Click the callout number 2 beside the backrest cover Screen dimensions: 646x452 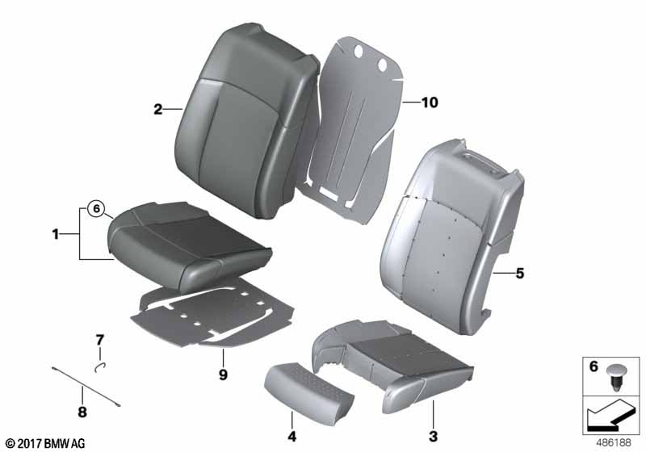click(x=157, y=109)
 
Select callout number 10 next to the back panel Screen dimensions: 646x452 click(x=430, y=102)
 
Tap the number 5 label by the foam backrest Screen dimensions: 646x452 click(x=520, y=273)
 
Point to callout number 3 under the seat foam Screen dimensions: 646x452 click(x=433, y=437)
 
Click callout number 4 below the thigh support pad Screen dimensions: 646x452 click(x=292, y=437)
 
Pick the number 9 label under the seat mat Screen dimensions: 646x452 click(x=223, y=375)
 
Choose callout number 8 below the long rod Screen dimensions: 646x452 click(x=82, y=412)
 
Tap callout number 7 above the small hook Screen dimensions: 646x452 click(x=100, y=340)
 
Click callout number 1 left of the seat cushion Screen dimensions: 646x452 click(x=55, y=234)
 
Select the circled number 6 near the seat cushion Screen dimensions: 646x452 click(x=96, y=209)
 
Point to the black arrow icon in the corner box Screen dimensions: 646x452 click(x=609, y=415)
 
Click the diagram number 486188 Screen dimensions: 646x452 click(x=614, y=443)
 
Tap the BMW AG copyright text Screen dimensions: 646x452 click(x=46, y=443)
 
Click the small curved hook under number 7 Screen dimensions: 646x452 click(x=100, y=366)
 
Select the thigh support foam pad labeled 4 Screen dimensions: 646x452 click(x=309, y=387)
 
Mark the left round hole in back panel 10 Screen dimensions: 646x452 click(x=359, y=51)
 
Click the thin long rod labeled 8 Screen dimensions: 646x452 click(x=86, y=387)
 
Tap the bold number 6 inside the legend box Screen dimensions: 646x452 click(x=594, y=366)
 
